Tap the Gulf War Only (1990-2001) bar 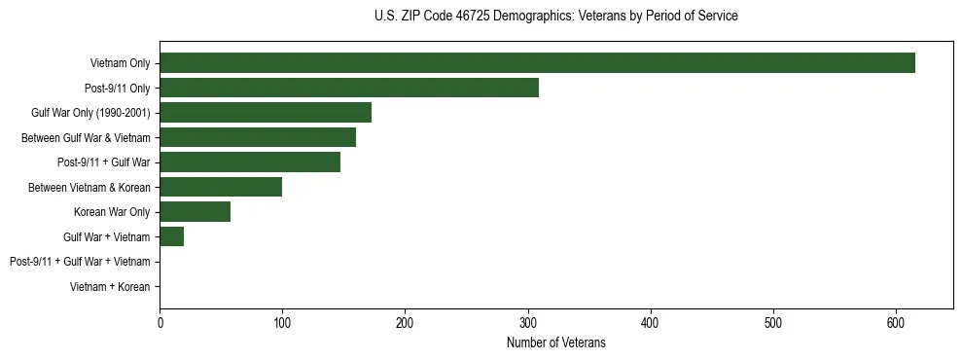tap(266, 113)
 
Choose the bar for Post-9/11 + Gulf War tap(250, 162)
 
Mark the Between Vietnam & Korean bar tap(221, 187)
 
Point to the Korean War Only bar tap(195, 211)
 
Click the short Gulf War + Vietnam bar tap(172, 236)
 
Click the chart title tap(555, 17)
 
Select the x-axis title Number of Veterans tap(555, 342)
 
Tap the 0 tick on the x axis tap(160, 323)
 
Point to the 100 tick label tap(282, 323)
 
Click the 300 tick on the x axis tap(528, 323)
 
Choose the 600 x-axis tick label tap(896, 323)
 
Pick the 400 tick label tap(651, 323)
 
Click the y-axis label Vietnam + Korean tap(110, 286)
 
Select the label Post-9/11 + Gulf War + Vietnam tap(80, 261)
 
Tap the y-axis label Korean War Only tap(112, 211)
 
